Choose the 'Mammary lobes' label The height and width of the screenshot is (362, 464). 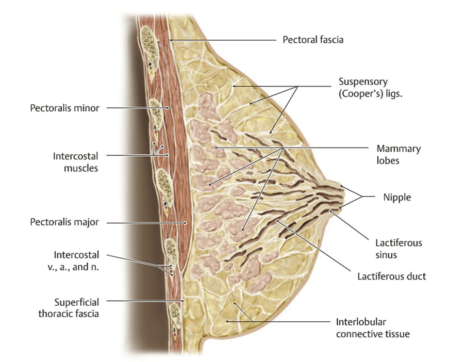[x=398, y=155]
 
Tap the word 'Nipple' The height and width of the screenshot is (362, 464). [x=397, y=197]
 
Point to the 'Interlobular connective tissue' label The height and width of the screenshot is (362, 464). [x=373, y=328]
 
